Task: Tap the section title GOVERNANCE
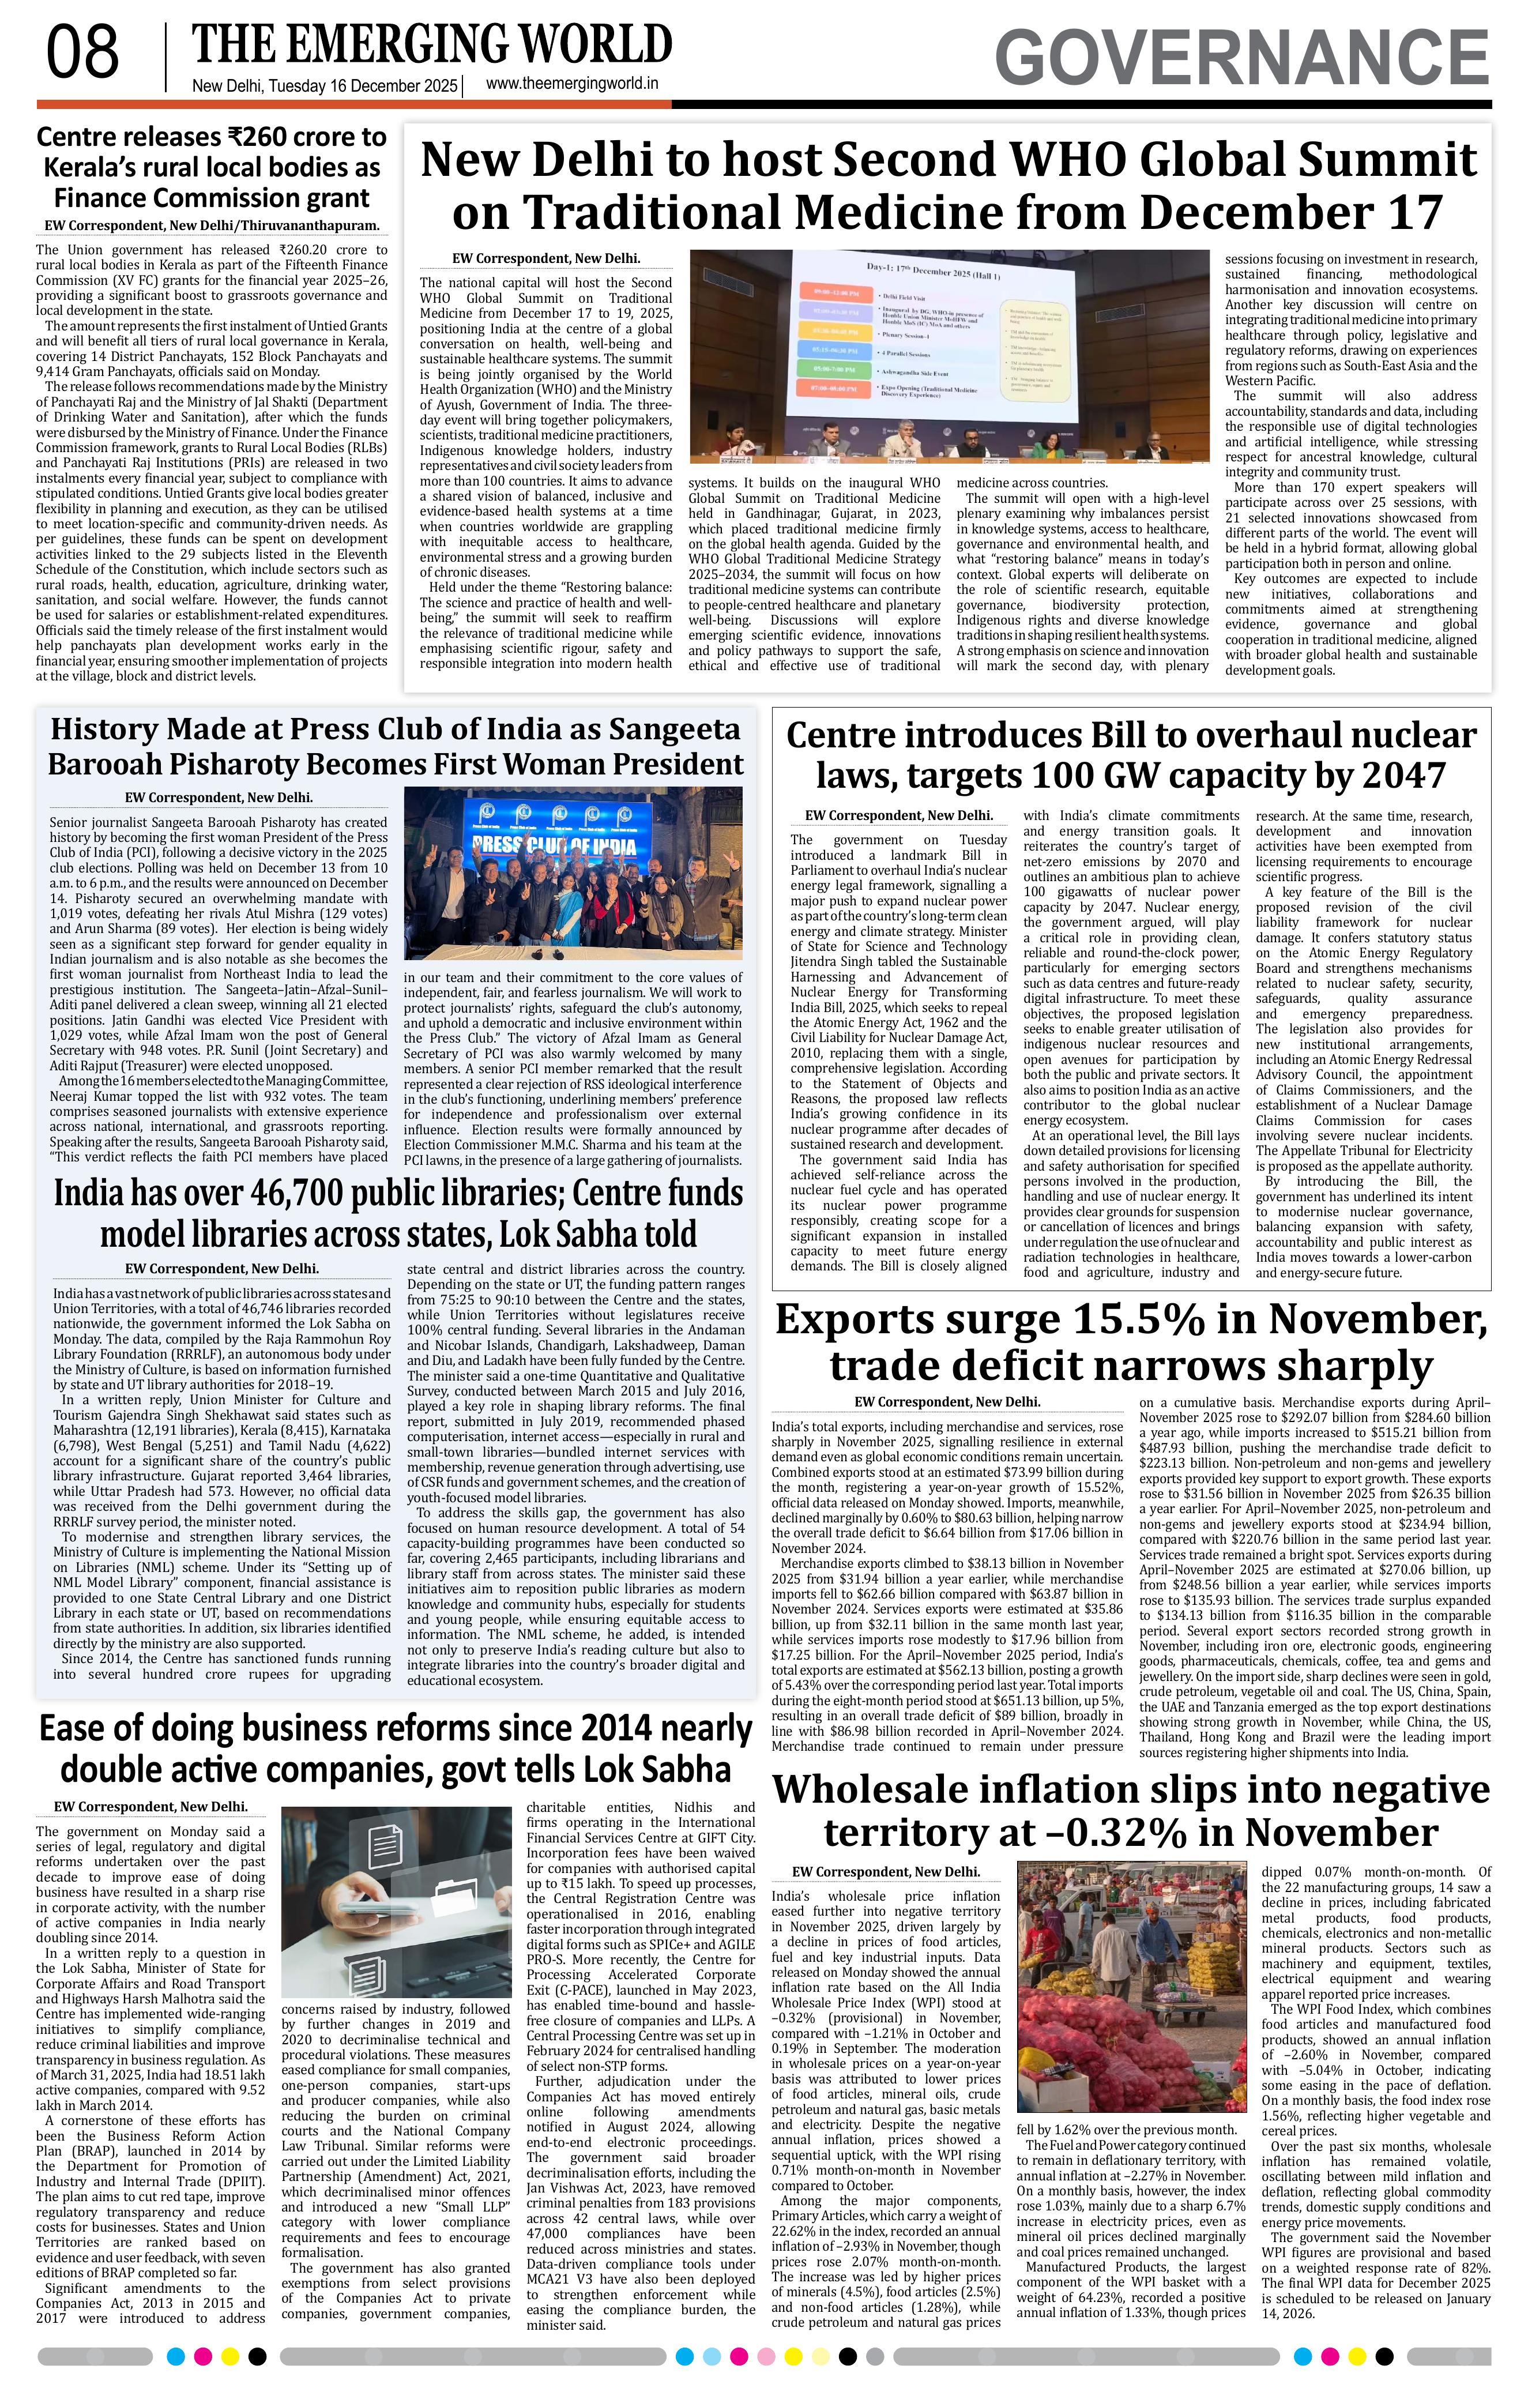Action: (1241, 57)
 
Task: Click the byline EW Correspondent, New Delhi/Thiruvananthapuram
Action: (211, 226)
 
